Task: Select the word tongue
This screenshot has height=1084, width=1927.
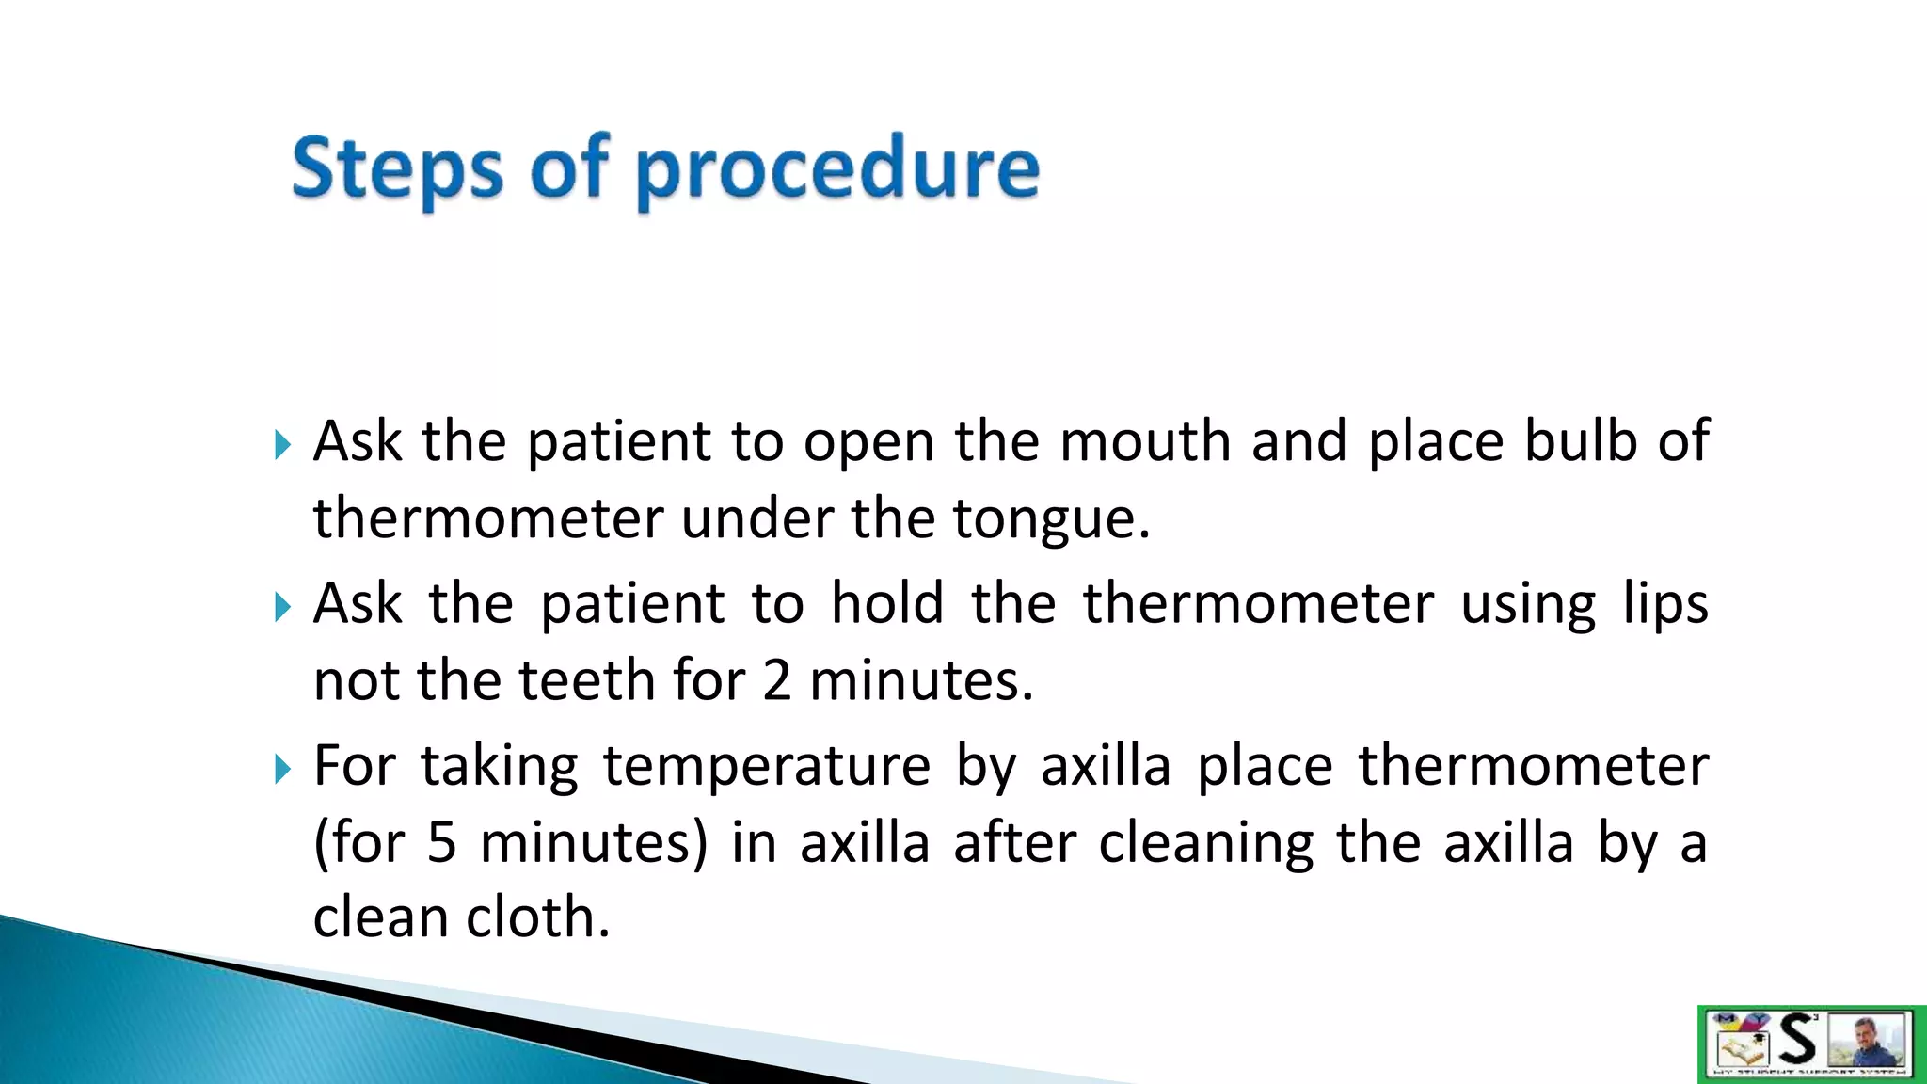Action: [x=1050, y=519]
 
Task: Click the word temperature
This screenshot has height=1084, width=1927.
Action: [x=767, y=767]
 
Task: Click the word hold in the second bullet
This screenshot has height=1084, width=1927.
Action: [x=887, y=603]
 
